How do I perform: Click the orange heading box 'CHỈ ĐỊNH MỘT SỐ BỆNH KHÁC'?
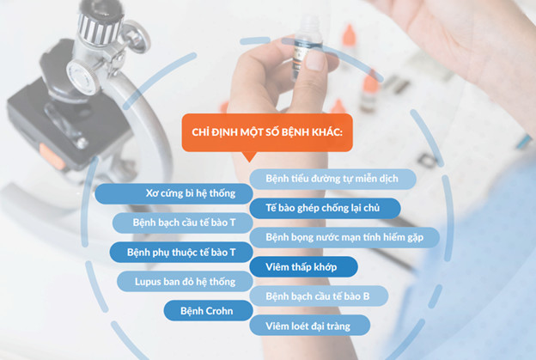pyautogui.click(x=267, y=132)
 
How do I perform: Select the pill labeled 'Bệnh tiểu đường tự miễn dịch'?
pyautogui.click(x=332, y=179)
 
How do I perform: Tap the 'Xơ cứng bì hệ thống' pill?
pyautogui.click(x=174, y=193)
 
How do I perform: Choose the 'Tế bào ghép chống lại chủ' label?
pyautogui.click(x=325, y=208)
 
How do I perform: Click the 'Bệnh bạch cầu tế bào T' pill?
pyautogui.click(x=183, y=223)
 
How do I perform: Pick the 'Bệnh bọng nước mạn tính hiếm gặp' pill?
pyautogui.click(x=344, y=238)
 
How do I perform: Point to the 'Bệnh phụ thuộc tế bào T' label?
pyautogui.click(x=181, y=253)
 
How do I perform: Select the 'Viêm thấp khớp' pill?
pyautogui.click(x=303, y=267)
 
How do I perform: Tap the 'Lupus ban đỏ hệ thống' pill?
pyautogui.click(x=185, y=282)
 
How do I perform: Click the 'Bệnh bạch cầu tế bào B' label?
pyautogui.click(x=319, y=296)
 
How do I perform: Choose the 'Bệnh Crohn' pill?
pyautogui.click(x=208, y=311)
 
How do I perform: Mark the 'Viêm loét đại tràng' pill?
pyautogui.click(x=310, y=326)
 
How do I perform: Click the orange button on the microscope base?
pyautogui.click(x=51, y=157)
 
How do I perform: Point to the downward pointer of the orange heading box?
pyautogui.click(x=250, y=156)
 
